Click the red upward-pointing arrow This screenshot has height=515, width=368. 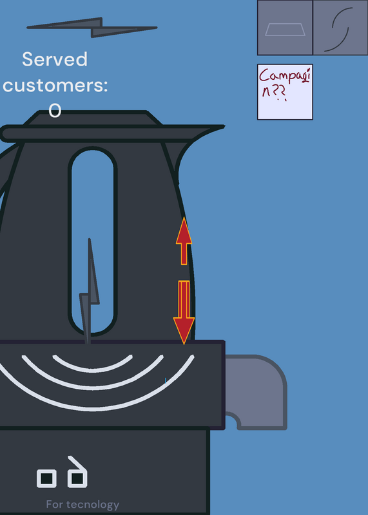click(x=184, y=241)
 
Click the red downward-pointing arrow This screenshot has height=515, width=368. click(x=184, y=312)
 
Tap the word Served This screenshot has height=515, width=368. click(x=55, y=59)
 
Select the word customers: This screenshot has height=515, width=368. click(x=55, y=86)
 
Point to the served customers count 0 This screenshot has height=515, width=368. click(x=55, y=110)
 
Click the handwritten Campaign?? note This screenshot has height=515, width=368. click(x=285, y=92)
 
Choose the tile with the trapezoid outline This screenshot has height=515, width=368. click(x=285, y=28)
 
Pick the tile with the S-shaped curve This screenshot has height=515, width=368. click(x=340, y=28)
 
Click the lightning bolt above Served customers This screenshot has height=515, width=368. click(x=92, y=28)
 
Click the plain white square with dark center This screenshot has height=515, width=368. click(x=46, y=478)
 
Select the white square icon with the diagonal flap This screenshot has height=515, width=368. click(x=77, y=473)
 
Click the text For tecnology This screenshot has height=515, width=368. click(x=82, y=505)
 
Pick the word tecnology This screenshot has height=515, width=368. click(x=92, y=505)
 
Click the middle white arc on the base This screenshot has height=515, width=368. click(x=92, y=388)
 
